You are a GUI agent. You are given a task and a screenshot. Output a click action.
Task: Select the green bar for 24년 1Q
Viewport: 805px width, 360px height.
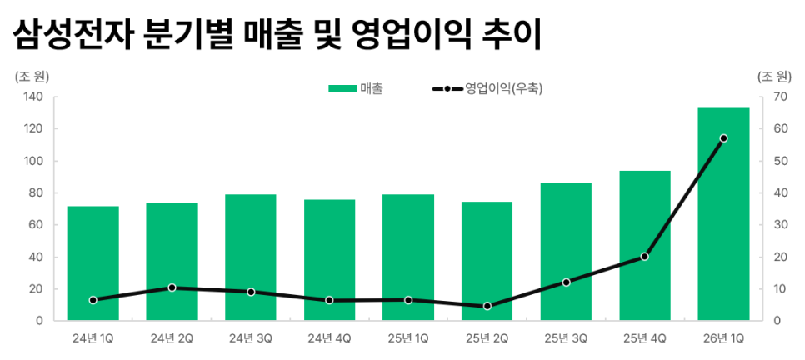click(x=92, y=263)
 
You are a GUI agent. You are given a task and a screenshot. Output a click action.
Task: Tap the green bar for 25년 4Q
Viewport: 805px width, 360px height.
click(x=645, y=245)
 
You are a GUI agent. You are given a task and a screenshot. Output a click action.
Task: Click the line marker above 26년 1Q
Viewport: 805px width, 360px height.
click(x=723, y=138)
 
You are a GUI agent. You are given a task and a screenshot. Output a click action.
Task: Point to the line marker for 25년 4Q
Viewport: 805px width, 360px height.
click(x=645, y=257)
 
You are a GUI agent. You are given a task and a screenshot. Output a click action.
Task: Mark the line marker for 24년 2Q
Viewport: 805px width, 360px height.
click(x=172, y=287)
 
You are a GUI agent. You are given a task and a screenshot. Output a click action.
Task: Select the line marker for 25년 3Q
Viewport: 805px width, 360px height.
click(x=566, y=282)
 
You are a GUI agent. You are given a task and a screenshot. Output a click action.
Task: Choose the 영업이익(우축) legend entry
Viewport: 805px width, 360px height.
click(x=487, y=88)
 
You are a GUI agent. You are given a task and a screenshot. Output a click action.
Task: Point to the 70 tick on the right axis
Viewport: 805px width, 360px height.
click(x=780, y=97)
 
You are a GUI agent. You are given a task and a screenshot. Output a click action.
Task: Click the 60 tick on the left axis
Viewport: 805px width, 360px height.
click(x=36, y=225)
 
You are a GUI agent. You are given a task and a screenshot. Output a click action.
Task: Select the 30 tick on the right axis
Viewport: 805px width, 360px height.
click(x=780, y=225)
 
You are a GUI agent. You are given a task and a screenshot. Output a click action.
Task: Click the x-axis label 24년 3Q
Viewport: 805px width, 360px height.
click(x=251, y=338)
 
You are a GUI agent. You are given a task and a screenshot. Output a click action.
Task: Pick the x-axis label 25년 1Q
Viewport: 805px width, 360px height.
click(x=408, y=338)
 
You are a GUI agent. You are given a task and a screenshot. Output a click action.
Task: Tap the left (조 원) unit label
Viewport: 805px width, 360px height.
click(x=32, y=77)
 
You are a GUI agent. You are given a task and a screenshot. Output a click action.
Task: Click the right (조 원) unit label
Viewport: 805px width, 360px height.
click(x=774, y=77)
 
